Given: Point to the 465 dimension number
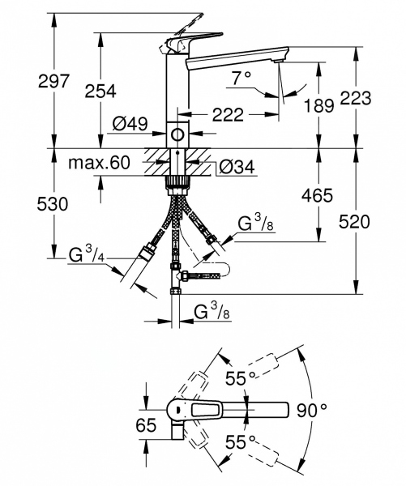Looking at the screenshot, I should pyautogui.click(x=316, y=194).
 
